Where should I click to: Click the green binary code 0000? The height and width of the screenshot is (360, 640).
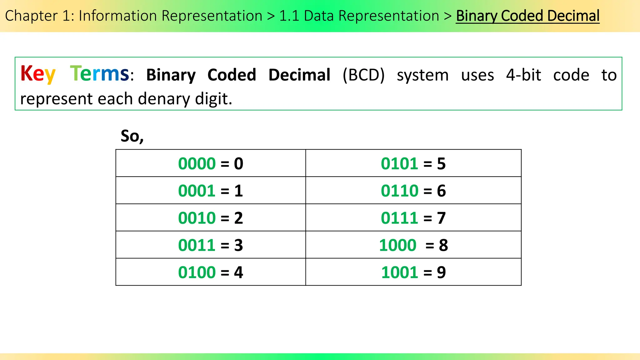(197, 163)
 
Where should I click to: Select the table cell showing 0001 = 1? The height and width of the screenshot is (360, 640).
(210, 191)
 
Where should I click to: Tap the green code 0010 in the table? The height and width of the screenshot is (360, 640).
(197, 218)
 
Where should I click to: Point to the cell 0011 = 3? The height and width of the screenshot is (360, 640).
(210, 245)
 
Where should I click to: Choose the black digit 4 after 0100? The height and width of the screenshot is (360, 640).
(238, 272)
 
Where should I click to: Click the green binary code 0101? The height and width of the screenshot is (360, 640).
(399, 163)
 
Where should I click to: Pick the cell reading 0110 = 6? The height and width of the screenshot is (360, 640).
(413, 191)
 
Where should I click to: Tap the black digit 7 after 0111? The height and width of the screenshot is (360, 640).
(441, 218)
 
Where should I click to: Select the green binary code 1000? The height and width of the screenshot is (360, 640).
(397, 245)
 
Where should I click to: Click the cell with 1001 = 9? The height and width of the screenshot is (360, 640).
(413, 272)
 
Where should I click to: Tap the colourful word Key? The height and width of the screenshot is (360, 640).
(38, 74)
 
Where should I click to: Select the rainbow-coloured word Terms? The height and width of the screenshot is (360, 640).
(99, 74)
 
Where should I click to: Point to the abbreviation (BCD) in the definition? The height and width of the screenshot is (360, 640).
(363, 75)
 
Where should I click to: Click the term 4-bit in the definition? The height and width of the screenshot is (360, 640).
(523, 75)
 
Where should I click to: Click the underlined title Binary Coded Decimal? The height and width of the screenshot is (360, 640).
(527, 16)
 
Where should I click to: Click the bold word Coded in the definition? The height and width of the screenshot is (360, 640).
(232, 75)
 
